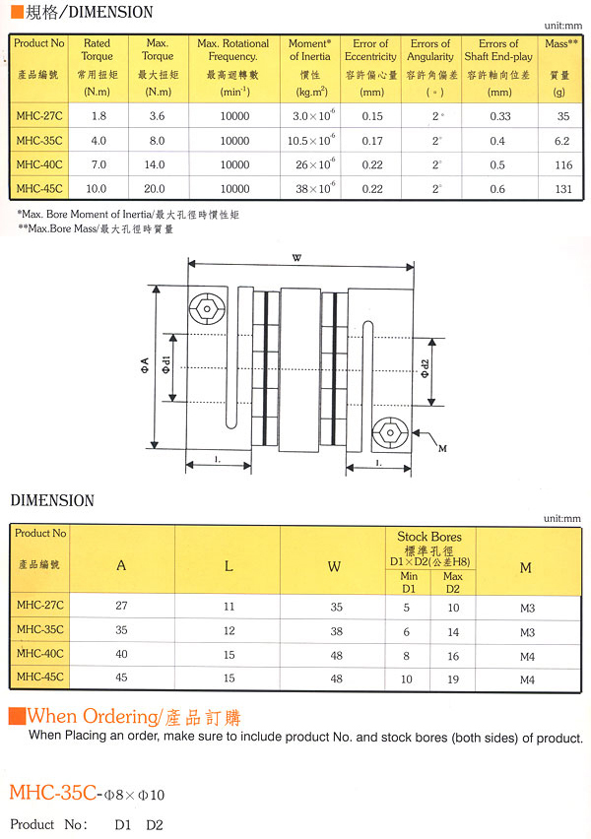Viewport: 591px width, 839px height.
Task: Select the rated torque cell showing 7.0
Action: (98, 164)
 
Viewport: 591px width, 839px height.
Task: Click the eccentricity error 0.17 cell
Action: (371, 140)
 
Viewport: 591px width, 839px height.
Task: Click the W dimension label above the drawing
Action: (296, 258)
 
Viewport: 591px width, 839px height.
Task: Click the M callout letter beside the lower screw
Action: (441, 449)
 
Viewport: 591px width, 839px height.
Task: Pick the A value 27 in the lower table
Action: (121, 607)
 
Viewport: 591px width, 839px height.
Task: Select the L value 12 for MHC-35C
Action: (228, 630)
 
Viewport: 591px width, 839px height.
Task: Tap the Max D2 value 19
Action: (453, 678)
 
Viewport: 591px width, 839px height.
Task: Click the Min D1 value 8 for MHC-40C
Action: (407, 655)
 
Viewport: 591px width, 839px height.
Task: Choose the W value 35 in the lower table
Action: (334, 607)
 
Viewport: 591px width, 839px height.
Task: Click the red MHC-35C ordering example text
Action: (54, 792)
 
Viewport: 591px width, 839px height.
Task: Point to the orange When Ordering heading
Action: (133, 716)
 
